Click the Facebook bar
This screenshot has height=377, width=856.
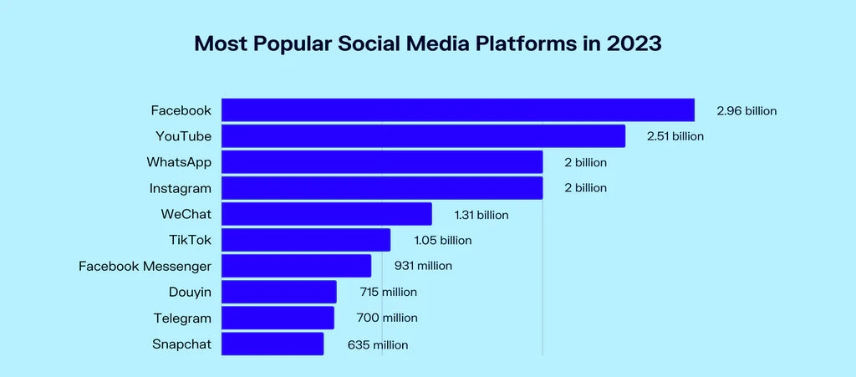pos(458,110)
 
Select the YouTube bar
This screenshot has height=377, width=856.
pos(423,136)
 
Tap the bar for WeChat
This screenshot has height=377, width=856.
pos(327,214)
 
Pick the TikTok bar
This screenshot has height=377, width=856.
pos(306,240)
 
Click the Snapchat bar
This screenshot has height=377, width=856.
pos(273,344)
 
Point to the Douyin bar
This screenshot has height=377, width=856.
pos(279,292)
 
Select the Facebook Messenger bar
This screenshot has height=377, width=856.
pos(297,266)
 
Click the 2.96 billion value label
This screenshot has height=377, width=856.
pos(746,111)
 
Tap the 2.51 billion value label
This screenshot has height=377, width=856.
pos(675,136)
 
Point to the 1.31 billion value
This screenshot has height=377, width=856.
pos(481,215)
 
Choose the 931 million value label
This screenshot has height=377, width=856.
pos(423,267)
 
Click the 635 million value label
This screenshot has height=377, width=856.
pos(378,344)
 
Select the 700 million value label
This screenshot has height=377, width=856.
pos(387,318)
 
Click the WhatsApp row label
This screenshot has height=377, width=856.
pos(179,162)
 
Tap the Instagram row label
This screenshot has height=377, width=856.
pos(181,189)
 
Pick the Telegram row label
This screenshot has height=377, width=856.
pos(182,318)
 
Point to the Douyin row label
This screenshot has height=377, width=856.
pos(190,293)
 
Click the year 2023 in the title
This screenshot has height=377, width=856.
pos(634,43)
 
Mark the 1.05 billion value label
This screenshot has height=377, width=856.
pos(443,241)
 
